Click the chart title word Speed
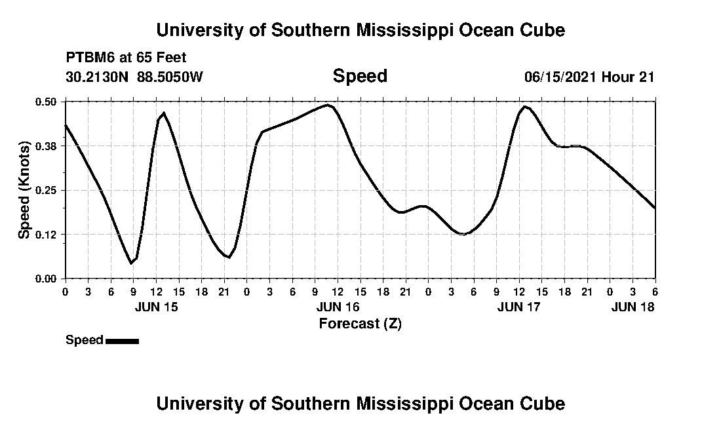pyautogui.click(x=360, y=76)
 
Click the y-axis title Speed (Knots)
pyautogui.click(x=24, y=190)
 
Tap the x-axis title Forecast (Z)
pyautogui.click(x=360, y=323)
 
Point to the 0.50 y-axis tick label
pyautogui.click(x=47, y=102)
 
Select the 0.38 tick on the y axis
pyautogui.click(x=47, y=145)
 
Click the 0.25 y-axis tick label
pyautogui.click(x=47, y=190)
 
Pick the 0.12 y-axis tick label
pyautogui.click(x=47, y=234)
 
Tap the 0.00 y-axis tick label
pyautogui.click(x=47, y=279)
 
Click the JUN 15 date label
pyautogui.click(x=156, y=307)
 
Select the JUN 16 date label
pyautogui.click(x=338, y=307)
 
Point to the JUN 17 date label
pyautogui.click(x=519, y=307)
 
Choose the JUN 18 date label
pyautogui.click(x=633, y=307)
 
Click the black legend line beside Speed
pyautogui.click(x=122, y=341)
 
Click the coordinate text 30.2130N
pyautogui.click(x=98, y=77)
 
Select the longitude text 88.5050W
pyautogui.click(x=170, y=77)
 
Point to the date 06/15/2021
pyautogui.click(x=560, y=77)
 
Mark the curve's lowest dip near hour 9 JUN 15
pyautogui.click(x=132, y=263)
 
